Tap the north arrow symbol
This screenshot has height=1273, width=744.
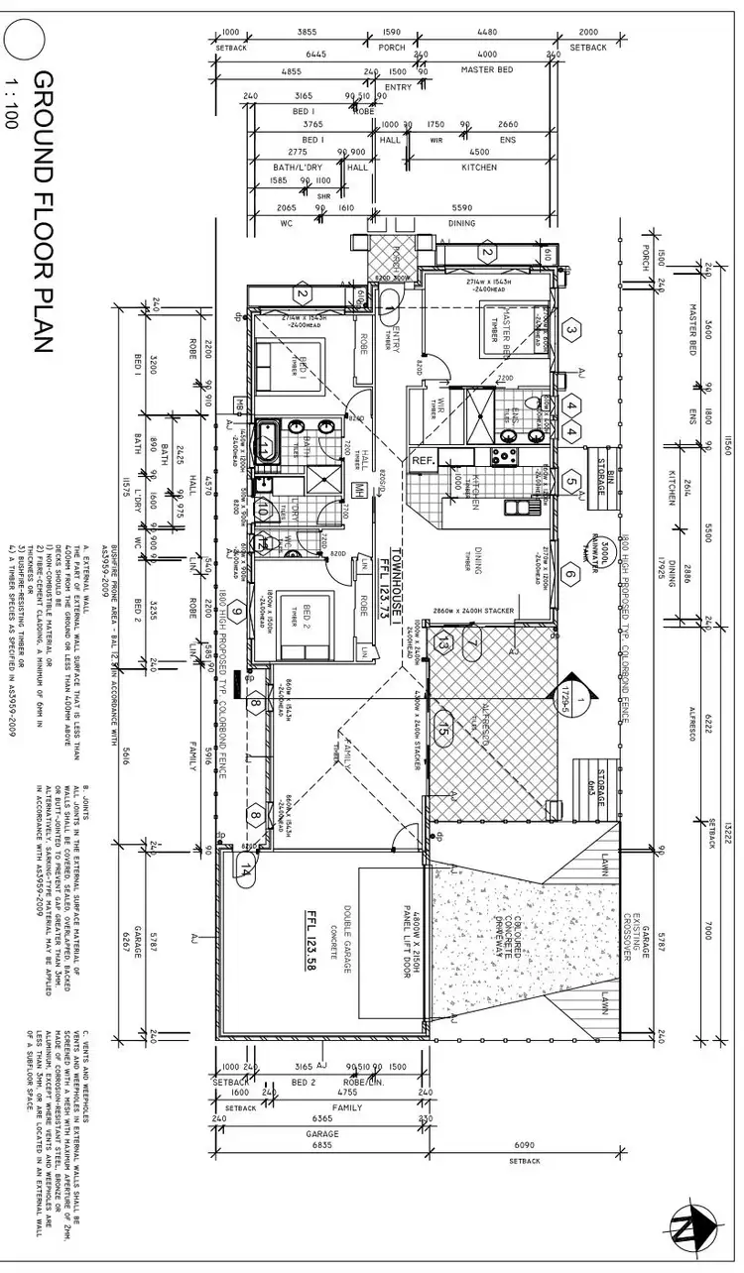[x=695, y=1227]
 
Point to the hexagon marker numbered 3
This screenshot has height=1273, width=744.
[x=571, y=330]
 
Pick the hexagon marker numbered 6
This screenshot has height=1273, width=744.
[x=569, y=573]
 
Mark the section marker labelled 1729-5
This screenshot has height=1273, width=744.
[x=569, y=684]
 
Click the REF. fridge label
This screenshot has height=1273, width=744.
[x=424, y=460]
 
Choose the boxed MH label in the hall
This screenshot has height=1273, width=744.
[x=359, y=489]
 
